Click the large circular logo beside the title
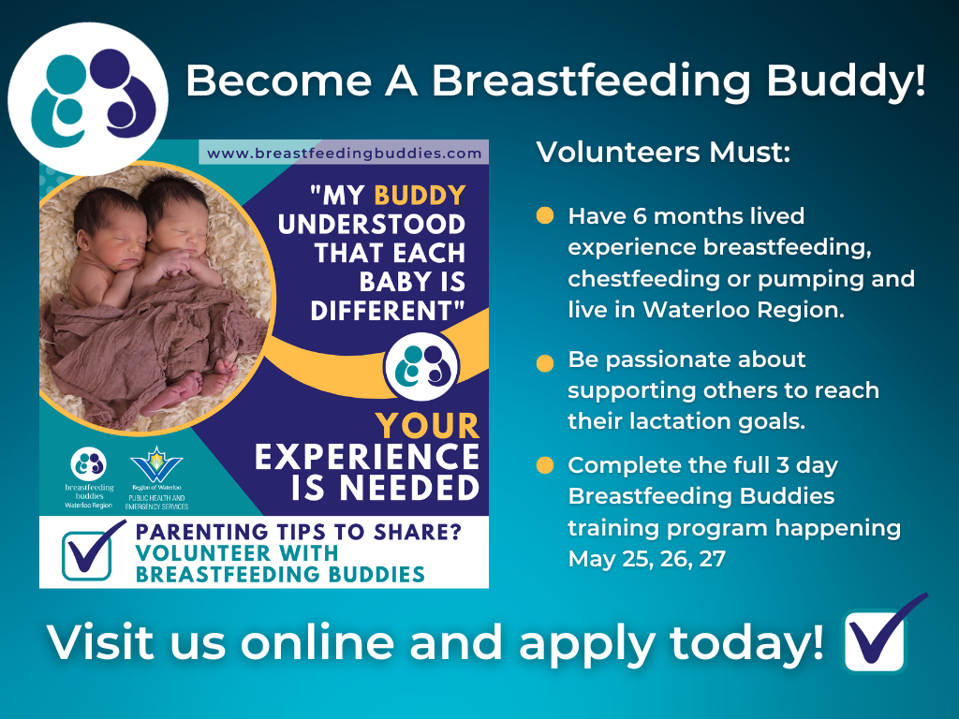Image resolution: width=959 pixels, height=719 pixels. [x=87, y=98]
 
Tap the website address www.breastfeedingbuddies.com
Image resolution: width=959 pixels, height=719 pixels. [x=344, y=153]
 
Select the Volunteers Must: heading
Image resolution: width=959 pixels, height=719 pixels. [x=663, y=153]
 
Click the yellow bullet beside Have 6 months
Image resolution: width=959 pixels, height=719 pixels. [x=544, y=215]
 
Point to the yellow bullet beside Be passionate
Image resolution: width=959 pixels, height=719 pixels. [x=544, y=363]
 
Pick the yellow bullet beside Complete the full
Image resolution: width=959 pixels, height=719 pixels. [x=544, y=465]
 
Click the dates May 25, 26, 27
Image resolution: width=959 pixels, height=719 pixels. [x=646, y=560]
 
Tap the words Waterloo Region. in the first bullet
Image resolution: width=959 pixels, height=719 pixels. [x=743, y=310]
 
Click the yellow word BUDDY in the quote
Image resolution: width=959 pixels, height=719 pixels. [x=420, y=196]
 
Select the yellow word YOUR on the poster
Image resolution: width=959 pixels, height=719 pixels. [x=427, y=426]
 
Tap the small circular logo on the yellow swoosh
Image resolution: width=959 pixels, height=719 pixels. [x=421, y=367]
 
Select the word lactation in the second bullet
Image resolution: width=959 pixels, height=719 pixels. [x=686, y=421]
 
